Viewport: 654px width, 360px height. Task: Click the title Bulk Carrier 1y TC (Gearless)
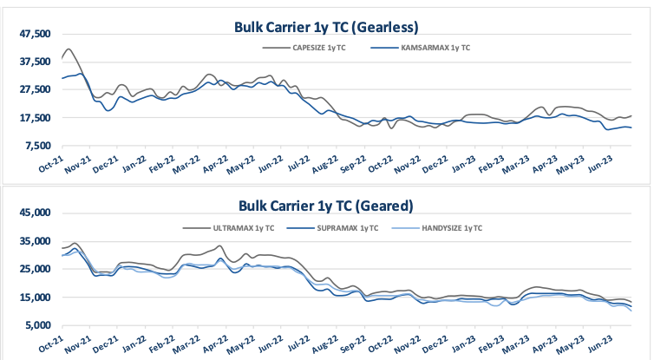point(326,26)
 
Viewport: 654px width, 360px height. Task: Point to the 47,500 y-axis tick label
point(35,34)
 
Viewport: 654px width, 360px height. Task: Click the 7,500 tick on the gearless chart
point(38,145)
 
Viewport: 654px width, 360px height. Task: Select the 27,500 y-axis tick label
point(35,89)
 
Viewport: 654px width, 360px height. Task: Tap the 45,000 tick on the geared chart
point(35,213)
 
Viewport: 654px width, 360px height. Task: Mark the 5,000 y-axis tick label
point(38,325)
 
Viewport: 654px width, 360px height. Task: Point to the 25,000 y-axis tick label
point(35,269)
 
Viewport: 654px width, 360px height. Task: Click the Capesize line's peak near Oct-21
point(69,49)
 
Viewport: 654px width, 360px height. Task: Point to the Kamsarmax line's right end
point(631,128)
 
